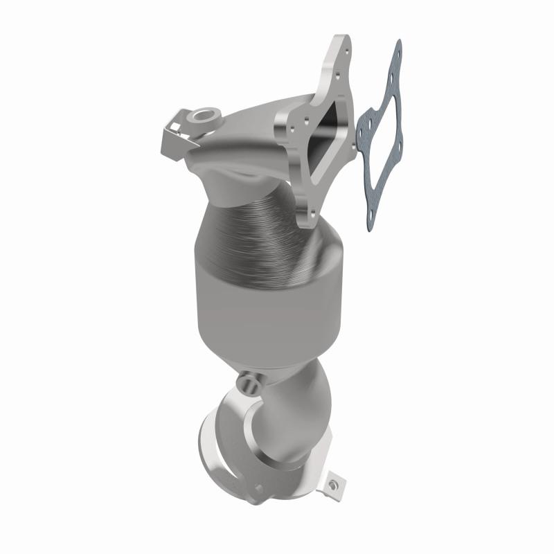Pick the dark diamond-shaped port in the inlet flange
332,138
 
